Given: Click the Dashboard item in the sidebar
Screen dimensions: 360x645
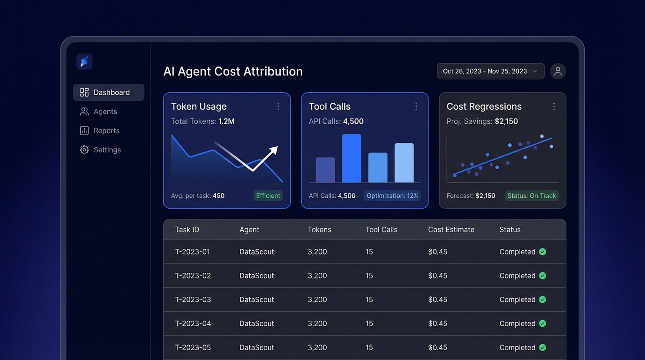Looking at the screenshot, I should pyautogui.click(x=108, y=92).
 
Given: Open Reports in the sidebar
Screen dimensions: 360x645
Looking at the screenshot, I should pyautogui.click(x=99, y=131).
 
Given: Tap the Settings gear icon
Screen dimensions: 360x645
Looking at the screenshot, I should pyautogui.click(x=84, y=150).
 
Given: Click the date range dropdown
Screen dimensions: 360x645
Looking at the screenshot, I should pyautogui.click(x=490, y=71).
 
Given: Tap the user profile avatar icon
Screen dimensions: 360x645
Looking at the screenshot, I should pyautogui.click(x=558, y=71).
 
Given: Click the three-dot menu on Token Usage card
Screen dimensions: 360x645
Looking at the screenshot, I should pyautogui.click(x=278, y=106).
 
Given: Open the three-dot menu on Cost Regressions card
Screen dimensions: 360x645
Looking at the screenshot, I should pyautogui.click(x=554, y=106).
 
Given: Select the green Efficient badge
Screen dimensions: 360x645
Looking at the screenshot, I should pyautogui.click(x=268, y=195).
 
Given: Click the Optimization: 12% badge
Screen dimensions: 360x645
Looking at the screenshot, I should pyautogui.click(x=392, y=195).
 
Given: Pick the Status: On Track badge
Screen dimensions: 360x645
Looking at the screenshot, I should pyautogui.click(x=532, y=195).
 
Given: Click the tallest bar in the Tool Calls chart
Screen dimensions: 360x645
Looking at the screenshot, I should pyautogui.click(x=352, y=158).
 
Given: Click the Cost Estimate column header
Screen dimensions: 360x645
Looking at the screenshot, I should pyautogui.click(x=451, y=230).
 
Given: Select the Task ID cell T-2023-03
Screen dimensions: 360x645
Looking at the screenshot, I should pyautogui.click(x=193, y=300).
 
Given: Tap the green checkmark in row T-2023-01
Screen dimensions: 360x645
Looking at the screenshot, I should pyautogui.click(x=542, y=252).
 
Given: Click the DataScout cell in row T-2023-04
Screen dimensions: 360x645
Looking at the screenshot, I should pyautogui.click(x=256, y=323).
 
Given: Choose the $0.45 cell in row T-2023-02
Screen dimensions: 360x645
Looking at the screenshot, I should pyautogui.click(x=437, y=276).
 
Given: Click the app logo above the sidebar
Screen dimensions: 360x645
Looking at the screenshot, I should pyautogui.click(x=84, y=61).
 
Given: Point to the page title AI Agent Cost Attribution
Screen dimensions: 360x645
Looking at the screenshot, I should pyautogui.click(x=232, y=71).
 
